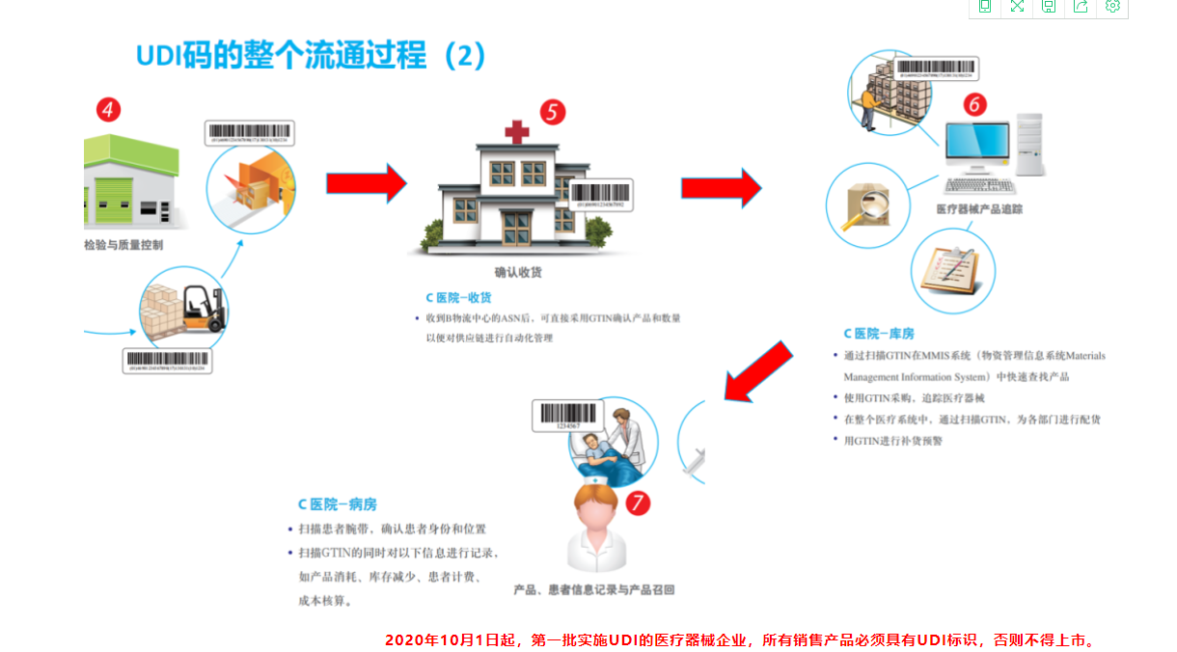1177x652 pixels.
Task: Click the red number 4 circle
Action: click(x=108, y=110)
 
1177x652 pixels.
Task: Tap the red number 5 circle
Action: click(x=552, y=112)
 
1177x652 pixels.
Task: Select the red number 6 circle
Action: click(x=975, y=104)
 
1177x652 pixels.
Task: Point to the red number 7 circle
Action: click(x=637, y=502)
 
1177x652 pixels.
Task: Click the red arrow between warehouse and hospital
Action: click(x=366, y=183)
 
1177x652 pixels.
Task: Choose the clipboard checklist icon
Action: click(x=952, y=270)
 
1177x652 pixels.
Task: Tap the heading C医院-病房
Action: click(x=337, y=504)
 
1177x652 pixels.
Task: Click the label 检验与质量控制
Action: click(x=123, y=245)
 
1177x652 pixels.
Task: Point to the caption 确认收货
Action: click(x=518, y=272)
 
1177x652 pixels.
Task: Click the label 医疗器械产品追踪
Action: click(x=979, y=209)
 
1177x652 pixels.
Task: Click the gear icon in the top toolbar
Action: click(x=1112, y=7)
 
